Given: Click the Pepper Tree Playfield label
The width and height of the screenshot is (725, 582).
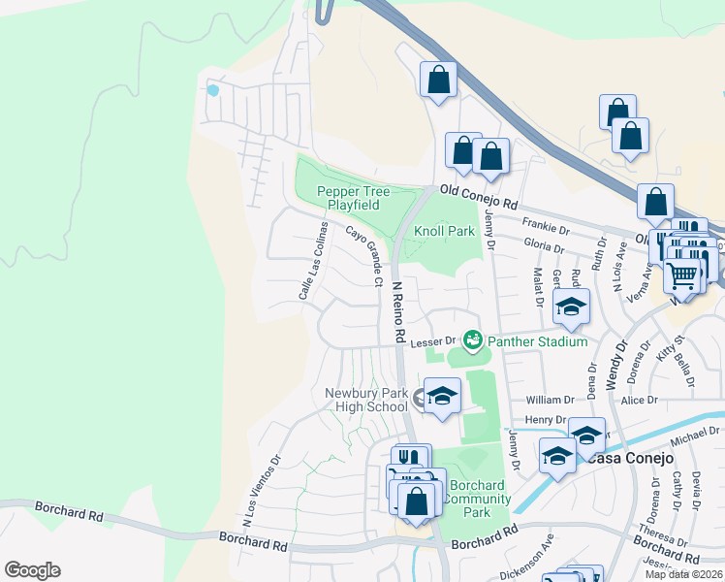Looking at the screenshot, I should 354,199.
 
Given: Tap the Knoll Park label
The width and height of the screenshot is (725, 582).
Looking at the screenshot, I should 444,232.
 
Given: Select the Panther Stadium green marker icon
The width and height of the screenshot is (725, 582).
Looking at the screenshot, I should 473,339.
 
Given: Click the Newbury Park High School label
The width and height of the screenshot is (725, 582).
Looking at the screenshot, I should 367,399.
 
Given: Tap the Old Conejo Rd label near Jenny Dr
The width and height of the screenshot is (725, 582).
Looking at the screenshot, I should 479,199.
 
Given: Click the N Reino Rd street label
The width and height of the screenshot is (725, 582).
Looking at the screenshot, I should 397,312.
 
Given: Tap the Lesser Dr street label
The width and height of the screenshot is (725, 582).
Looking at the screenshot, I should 431,341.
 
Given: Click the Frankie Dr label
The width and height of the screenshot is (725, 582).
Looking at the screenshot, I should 551,228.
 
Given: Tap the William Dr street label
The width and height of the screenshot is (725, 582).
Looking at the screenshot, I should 550,400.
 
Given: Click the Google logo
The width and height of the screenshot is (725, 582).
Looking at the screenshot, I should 32,570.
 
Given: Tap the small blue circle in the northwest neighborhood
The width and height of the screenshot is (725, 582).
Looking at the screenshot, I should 213,91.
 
